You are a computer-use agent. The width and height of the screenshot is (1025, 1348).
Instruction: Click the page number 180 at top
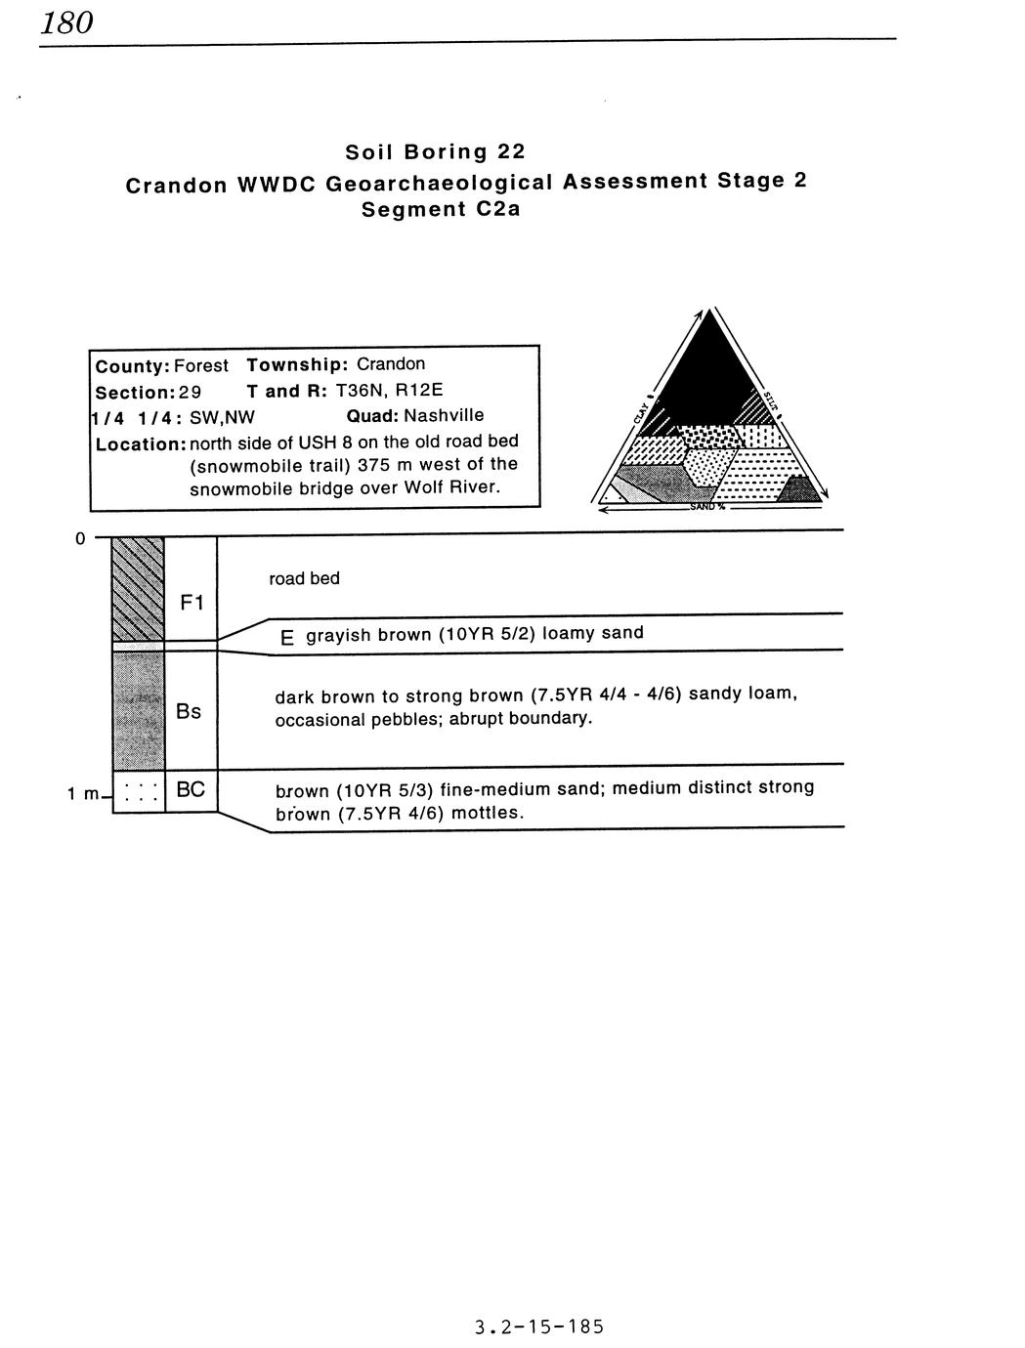pyautogui.click(x=66, y=21)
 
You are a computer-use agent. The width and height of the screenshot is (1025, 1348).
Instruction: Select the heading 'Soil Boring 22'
pyautogui.click(x=435, y=151)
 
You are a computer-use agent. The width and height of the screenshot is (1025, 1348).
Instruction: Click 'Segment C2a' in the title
pyautogui.click(x=441, y=209)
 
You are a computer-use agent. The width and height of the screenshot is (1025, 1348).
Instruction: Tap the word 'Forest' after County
pyautogui.click(x=200, y=366)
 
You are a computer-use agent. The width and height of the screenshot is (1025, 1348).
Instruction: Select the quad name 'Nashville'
pyautogui.click(x=443, y=416)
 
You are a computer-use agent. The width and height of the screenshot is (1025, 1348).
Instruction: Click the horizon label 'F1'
pyautogui.click(x=192, y=603)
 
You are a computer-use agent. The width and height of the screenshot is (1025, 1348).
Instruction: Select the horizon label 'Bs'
pyautogui.click(x=189, y=711)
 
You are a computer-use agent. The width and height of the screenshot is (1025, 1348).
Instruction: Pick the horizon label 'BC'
pyautogui.click(x=191, y=789)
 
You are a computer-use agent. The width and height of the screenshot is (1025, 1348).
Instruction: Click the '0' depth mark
pyautogui.click(x=80, y=538)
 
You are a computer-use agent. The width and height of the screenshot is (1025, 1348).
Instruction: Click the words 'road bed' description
pyautogui.click(x=304, y=578)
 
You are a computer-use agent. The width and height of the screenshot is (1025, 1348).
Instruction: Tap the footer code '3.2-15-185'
pyautogui.click(x=539, y=1327)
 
